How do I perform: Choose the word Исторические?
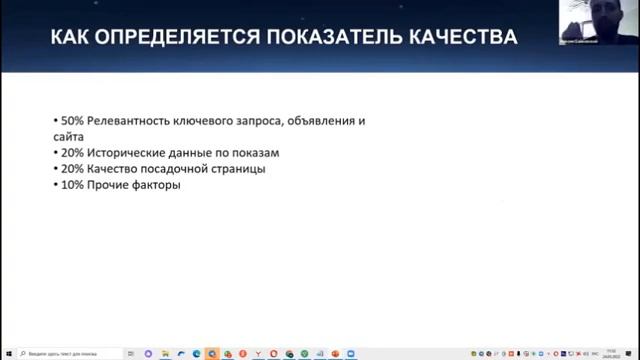point(126,152)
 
